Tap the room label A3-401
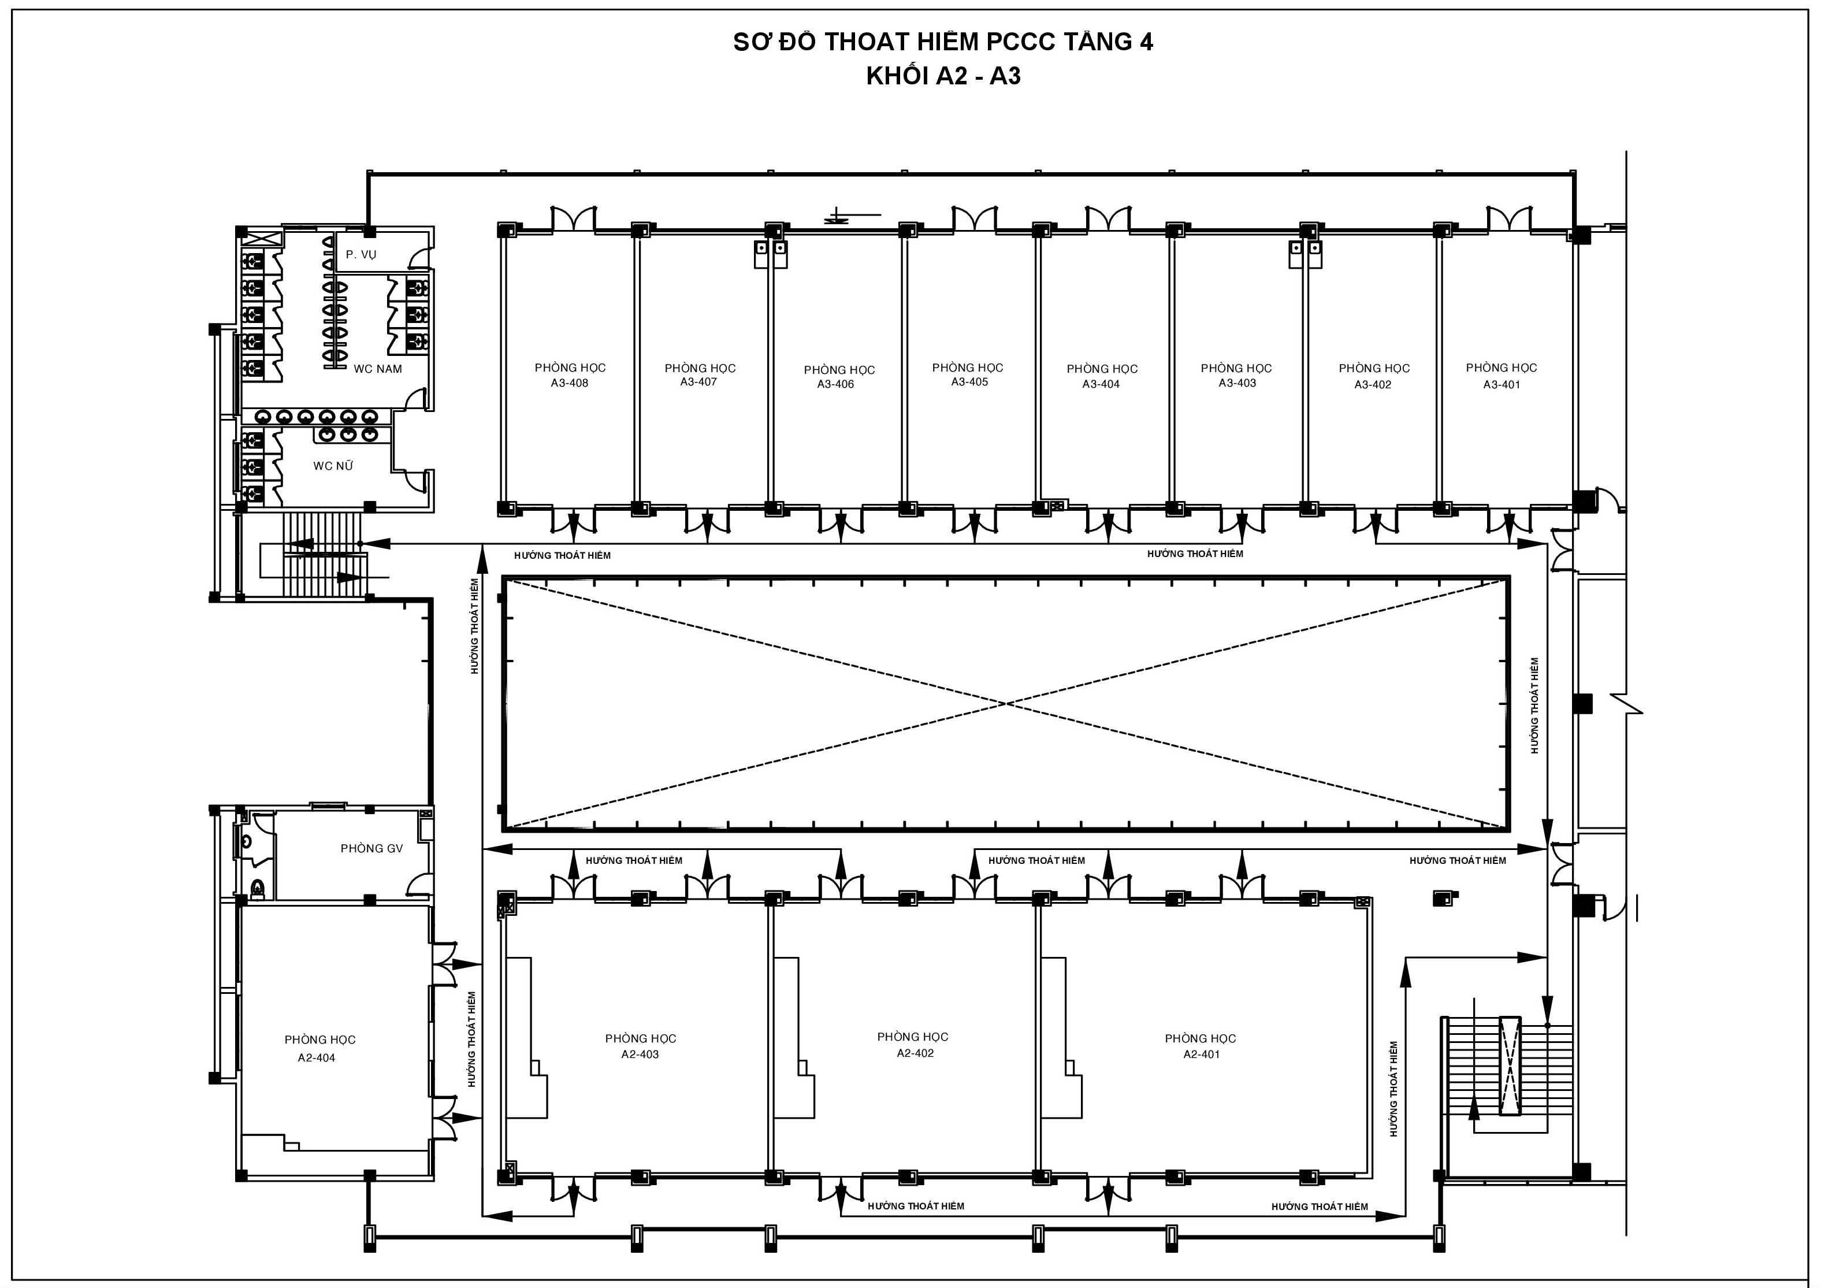(1502, 385)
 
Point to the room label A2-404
(317, 1057)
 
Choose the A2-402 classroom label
(915, 1053)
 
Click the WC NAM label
(377, 369)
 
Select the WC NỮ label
(333, 466)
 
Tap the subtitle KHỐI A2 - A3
(943, 76)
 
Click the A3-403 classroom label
(1237, 383)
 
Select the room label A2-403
(640, 1054)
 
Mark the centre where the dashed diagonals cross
(1006, 703)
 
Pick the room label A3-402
(1373, 385)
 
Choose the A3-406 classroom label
(836, 384)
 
